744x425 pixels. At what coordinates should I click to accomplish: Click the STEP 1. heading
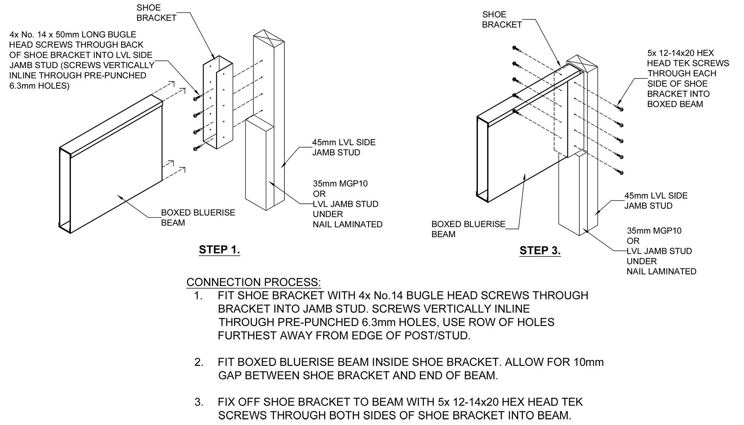(219, 249)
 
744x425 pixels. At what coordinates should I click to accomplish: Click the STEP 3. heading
(540, 251)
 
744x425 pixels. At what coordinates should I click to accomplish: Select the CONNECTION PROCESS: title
(253, 282)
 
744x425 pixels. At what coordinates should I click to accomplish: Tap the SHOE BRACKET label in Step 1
(156, 13)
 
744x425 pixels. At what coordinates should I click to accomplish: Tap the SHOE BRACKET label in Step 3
(502, 20)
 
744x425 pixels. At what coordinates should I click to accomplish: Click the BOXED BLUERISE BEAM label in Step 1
(198, 218)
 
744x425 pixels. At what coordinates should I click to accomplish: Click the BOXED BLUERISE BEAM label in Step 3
(468, 229)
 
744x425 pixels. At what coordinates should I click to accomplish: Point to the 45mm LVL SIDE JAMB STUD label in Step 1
(343, 147)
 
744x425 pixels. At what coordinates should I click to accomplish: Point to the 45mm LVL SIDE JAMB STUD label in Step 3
(656, 201)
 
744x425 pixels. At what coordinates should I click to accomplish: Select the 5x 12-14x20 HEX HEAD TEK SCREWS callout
(688, 79)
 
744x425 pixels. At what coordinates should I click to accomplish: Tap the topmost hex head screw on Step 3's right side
(619, 108)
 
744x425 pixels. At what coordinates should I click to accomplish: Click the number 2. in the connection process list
(199, 362)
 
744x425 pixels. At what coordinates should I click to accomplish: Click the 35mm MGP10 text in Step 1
(340, 184)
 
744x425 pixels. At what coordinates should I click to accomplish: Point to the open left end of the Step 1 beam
(64, 190)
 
